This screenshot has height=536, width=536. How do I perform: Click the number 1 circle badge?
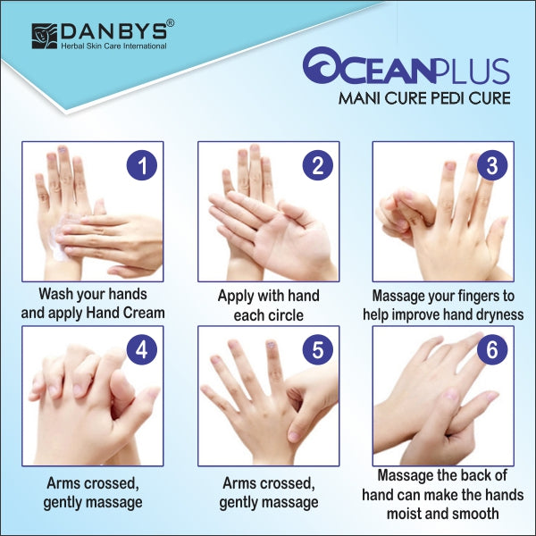tap(141, 165)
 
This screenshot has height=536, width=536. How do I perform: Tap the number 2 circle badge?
tap(316, 165)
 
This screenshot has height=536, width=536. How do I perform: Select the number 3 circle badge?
tap(491, 165)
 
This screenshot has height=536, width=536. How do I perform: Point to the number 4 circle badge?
tap(141, 349)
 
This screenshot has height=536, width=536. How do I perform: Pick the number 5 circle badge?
tap(316, 349)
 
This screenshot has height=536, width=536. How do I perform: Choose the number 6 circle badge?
tap(491, 349)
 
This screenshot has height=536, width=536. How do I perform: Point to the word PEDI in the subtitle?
tap(435, 97)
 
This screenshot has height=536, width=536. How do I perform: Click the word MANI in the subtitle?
tap(359, 97)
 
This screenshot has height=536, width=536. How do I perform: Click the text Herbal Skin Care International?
tap(114, 46)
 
